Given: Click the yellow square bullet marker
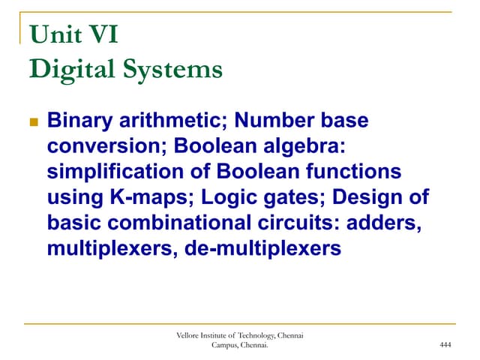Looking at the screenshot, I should point(32,121).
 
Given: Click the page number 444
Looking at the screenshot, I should point(445,344).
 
